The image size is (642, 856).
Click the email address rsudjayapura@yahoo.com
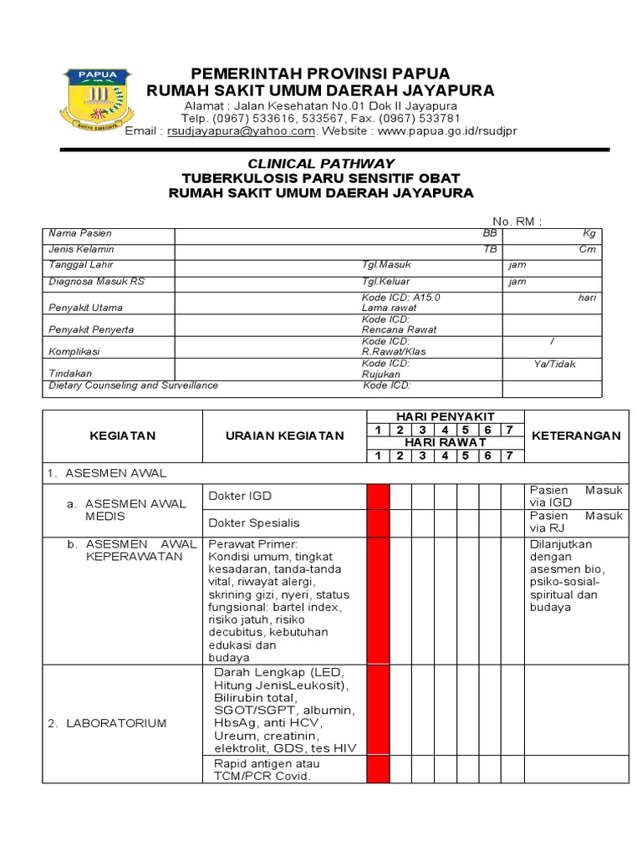(241, 131)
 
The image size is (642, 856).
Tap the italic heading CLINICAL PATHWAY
(320, 164)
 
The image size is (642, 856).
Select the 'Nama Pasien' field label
(80, 233)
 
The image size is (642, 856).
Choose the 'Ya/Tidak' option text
(555, 364)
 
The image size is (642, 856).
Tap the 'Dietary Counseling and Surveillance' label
(134, 385)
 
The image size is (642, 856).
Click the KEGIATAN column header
(123, 436)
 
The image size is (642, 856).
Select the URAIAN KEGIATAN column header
(284, 436)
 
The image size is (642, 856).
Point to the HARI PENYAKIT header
(445, 416)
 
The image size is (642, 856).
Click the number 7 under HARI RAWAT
(508, 456)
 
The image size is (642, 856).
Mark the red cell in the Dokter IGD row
(378, 496)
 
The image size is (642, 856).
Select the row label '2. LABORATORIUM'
(117, 723)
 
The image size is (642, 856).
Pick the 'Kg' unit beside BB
(588, 233)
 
